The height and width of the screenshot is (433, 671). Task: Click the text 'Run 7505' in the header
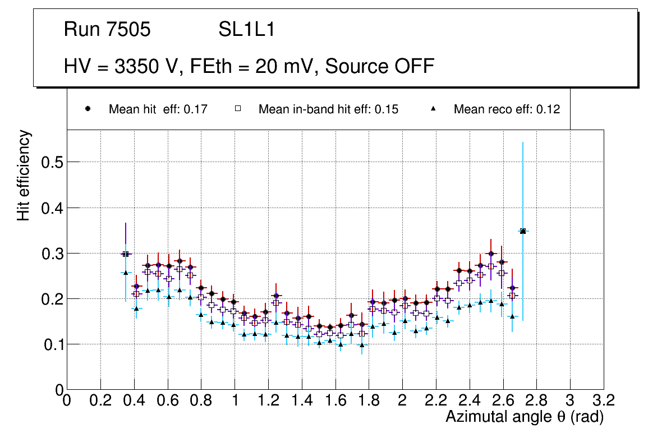[x=107, y=30]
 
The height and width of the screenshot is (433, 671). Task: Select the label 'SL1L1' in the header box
[x=247, y=30]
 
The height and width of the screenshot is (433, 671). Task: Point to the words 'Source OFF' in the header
[x=380, y=66]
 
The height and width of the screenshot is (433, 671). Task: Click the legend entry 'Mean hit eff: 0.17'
[x=158, y=109]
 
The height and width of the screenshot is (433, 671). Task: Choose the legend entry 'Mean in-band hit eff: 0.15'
[x=328, y=109]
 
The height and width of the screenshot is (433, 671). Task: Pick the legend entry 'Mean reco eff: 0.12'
[x=507, y=109]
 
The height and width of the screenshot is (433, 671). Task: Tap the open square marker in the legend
[x=238, y=109]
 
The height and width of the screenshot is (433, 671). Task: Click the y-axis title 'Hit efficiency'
[x=24, y=175]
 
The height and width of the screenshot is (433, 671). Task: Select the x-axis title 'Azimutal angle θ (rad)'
[x=525, y=417]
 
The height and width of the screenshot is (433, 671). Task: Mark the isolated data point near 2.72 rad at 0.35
[x=523, y=231]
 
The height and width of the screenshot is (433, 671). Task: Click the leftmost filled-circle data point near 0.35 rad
[x=126, y=254]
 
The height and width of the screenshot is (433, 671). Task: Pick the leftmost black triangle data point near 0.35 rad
[x=126, y=273]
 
